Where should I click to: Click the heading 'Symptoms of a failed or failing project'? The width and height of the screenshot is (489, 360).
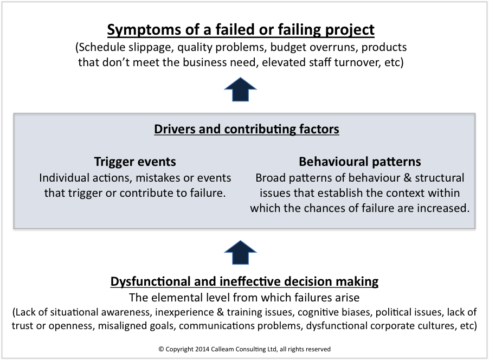241,29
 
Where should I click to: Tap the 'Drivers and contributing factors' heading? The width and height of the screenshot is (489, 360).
247,129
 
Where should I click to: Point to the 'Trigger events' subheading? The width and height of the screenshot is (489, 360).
135,162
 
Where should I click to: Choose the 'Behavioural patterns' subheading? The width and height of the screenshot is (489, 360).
360,162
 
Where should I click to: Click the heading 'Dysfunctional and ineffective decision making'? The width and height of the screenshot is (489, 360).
244,282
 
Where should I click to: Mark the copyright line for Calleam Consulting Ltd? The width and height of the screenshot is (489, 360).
244,349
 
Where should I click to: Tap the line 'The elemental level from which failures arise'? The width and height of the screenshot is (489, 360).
244,298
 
